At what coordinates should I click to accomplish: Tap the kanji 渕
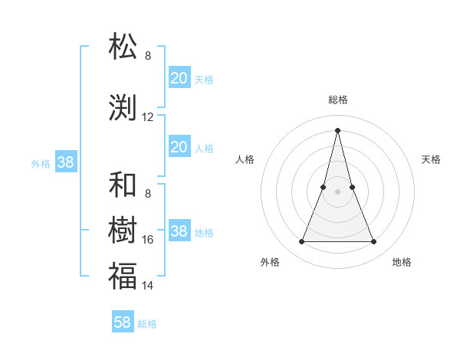pyautogui.click(x=123, y=109)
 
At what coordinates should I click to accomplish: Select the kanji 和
pyautogui.click(x=123, y=185)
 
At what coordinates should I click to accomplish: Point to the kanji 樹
pyautogui.click(x=123, y=230)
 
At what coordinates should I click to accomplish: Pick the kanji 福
pyautogui.click(x=123, y=276)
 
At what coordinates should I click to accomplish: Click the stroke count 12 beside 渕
pyautogui.click(x=148, y=117)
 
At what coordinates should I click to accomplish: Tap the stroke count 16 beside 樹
pyautogui.click(x=148, y=240)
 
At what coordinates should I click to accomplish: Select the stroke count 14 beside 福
pyautogui.click(x=148, y=286)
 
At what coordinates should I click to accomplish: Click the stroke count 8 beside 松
pyautogui.click(x=148, y=56)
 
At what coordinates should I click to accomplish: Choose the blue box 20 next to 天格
pyautogui.click(x=179, y=77)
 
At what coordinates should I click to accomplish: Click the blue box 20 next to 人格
pyautogui.click(x=179, y=147)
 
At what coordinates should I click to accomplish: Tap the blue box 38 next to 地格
pyautogui.click(x=179, y=231)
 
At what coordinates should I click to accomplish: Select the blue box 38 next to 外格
pyautogui.click(x=65, y=162)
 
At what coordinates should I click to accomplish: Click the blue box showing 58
pyautogui.click(x=123, y=322)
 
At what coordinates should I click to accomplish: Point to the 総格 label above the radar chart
pyautogui.click(x=338, y=100)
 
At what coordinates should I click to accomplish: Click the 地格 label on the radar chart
pyautogui.click(x=402, y=262)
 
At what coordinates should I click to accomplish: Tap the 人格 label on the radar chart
pyautogui.click(x=245, y=159)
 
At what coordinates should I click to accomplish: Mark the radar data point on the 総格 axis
pyautogui.click(x=338, y=129)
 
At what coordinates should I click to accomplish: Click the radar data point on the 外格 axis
pyautogui.click(x=302, y=242)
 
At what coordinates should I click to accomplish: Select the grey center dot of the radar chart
pyautogui.click(x=338, y=191)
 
